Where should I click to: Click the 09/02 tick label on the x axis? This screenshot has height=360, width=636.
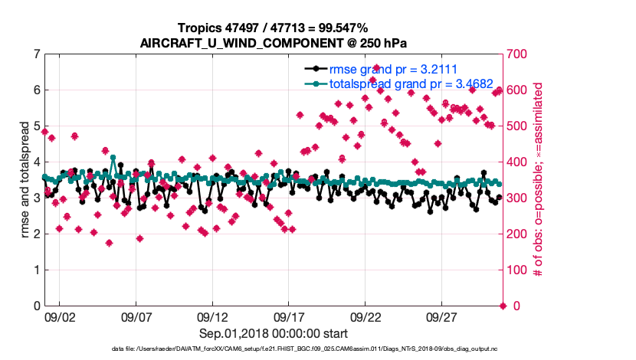click(60, 316)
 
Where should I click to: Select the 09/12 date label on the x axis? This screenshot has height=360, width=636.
click(212, 316)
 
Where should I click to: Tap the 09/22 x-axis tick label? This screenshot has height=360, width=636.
click(366, 316)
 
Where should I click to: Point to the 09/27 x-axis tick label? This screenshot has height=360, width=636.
click(442, 316)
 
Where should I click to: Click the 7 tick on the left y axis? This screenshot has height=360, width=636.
click(36, 54)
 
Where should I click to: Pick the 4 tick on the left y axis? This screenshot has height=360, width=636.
click(36, 162)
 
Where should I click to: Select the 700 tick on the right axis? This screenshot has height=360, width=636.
click(520, 54)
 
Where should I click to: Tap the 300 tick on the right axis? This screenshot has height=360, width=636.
click(520, 198)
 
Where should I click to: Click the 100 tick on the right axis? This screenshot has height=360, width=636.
click(520, 270)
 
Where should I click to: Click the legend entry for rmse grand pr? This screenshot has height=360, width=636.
click(388, 68)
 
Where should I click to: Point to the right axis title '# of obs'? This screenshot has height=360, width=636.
click(539, 180)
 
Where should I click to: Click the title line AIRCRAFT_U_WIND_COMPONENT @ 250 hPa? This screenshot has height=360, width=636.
click(274, 42)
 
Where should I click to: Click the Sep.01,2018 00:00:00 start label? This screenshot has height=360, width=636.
click(274, 333)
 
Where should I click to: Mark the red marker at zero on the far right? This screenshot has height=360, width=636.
click(503, 306)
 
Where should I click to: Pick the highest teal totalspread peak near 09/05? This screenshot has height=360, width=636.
click(113, 158)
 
